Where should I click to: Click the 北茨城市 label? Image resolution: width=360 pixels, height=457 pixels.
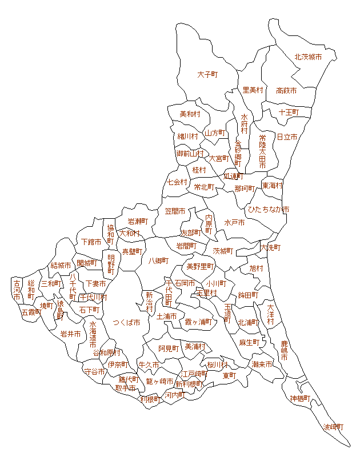(308, 57)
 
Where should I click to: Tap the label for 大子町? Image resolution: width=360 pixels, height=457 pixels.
(209, 74)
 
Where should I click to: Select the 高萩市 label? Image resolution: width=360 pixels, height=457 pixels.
(286, 90)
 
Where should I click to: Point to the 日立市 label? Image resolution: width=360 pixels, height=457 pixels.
(287, 137)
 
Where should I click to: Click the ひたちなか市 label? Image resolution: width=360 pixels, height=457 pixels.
(268, 210)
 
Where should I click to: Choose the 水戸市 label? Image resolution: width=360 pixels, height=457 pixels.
(234, 222)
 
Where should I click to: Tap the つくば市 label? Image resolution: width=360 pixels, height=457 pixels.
(126, 322)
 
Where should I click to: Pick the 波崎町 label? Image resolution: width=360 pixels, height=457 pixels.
(334, 427)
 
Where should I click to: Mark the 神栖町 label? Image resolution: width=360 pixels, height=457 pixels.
(300, 398)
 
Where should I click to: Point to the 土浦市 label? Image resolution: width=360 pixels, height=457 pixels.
(166, 316)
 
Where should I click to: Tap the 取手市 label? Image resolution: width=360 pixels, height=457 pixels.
(126, 388)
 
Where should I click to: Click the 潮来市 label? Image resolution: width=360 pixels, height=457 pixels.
(262, 364)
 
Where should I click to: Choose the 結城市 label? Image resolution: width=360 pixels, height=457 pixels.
(61, 265)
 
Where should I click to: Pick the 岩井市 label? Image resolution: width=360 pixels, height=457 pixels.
(70, 334)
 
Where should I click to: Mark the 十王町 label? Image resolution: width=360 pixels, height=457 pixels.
(289, 112)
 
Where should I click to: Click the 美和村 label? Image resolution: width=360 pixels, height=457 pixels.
(190, 114)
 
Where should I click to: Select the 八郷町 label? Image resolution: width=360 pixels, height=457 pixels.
(158, 260)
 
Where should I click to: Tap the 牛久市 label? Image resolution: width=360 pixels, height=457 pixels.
(148, 364)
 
